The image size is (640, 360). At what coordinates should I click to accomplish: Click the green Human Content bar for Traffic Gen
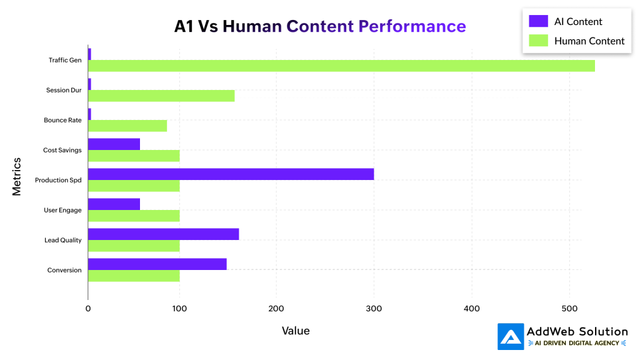(x=341, y=66)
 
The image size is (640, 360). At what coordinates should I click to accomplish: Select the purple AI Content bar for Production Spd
(x=231, y=174)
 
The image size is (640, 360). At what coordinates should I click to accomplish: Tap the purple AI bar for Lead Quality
(x=163, y=234)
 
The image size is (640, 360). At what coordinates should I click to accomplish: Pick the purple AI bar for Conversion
(x=157, y=264)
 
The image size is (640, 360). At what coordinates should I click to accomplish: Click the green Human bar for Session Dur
(x=161, y=96)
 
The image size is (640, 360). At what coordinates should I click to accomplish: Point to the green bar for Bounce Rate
(x=127, y=126)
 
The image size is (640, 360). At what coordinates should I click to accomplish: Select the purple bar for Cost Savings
(x=114, y=144)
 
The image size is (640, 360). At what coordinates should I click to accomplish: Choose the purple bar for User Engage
(x=114, y=204)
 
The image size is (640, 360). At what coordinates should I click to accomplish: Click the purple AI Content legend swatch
(x=538, y=21)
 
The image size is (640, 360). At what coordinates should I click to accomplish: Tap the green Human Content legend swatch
(x=538, y=41)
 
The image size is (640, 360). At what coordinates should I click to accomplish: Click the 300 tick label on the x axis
(x=374, y=308)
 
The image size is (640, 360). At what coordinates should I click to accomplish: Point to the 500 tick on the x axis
(x=569, y=308)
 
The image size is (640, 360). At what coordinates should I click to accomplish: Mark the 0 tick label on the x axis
(x=88, y=308)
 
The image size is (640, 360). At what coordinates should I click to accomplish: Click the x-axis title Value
(x=296, y=331)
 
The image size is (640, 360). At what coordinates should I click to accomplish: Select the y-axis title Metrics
(x=17, y=176)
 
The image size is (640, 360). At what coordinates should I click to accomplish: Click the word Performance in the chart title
(x=412, y=26)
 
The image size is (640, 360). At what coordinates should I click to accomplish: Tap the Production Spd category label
(x=58, y=180)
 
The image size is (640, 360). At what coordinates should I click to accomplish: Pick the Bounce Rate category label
(x=62, y=120)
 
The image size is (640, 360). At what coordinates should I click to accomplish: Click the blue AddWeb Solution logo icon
(x=511, y=336)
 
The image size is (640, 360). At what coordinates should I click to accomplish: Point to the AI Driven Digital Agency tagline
(x=577, y=343)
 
